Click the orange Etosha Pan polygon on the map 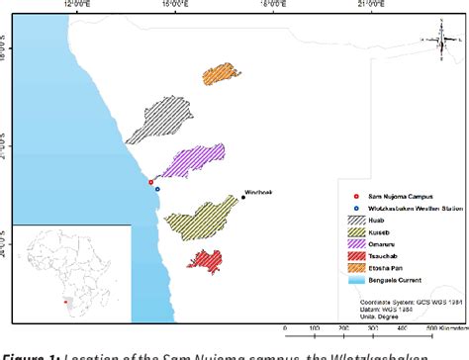pyautogui.click(x=223, y=76)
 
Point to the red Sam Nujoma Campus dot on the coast pyautogui.click(x=150, y=182)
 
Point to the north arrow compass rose pyautogui.click(x=439, y=41)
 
